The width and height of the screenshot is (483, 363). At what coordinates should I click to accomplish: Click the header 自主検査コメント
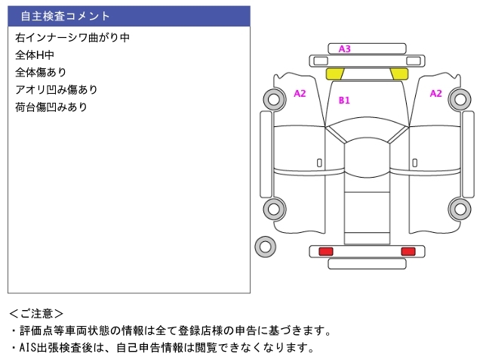[x=66, y=16]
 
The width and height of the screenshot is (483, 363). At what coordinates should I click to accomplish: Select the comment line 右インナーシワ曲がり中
[x=72, y=38]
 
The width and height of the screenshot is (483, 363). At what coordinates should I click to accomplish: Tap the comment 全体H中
[x=35, y=55]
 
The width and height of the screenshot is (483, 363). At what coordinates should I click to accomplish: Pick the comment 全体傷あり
[x=41, y=73]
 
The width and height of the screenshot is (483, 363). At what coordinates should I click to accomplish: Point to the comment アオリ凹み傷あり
[x=57, y=90]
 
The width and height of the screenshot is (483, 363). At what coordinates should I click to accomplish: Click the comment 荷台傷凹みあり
[x=51, y=107]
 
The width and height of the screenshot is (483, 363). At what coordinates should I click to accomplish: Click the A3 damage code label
[x=344, y=48]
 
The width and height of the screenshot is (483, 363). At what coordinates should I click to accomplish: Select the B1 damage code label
[x=344, y=100]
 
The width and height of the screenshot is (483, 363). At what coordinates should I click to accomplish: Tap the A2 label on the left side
[x=300, y=94]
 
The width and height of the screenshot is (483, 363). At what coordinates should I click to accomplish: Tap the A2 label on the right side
[x=435, y=94]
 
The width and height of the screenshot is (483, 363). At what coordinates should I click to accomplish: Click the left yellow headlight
[x=334, y=74]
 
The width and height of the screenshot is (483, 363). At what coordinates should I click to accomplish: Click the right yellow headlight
[x=399, y=74]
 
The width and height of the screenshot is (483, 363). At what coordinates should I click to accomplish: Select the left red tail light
[x=326, y=251]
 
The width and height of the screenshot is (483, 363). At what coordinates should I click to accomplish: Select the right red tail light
[x=408, y=251]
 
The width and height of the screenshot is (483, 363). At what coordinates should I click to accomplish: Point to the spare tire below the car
[x=265, y=247]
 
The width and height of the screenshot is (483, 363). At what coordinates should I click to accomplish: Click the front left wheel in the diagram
[x=275, y=99]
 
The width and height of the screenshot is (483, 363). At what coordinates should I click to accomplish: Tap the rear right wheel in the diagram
[x=460, y=209]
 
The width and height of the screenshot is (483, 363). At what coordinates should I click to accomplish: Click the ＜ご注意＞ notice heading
[x=36, y=314]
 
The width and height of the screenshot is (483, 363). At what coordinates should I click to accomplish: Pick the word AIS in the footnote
[x=27, y=348]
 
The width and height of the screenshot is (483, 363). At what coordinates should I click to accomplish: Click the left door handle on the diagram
[x=319, y=163]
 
